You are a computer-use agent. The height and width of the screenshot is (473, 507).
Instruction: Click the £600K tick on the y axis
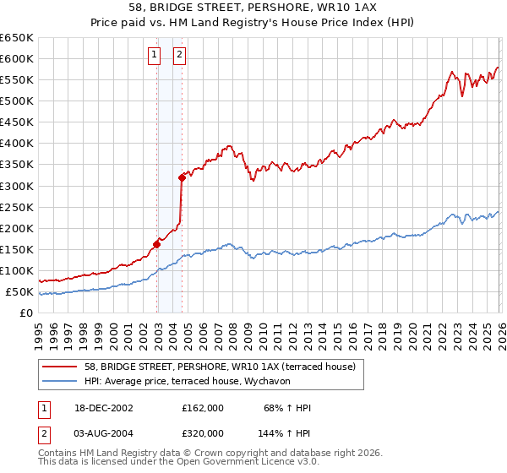pyautogui.click(x=17, y=58)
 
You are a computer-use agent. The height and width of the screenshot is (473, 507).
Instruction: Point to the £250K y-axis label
pyautogui.click(x=17, y=207)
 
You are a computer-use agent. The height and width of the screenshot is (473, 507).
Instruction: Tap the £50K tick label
pyautogui.click(x=19, y=292)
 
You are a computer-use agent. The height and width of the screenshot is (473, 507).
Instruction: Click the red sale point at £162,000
pyautogui.click(x=156, y=244)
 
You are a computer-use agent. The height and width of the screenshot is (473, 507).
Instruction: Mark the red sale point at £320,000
pyautogui.click(x=182, y=177)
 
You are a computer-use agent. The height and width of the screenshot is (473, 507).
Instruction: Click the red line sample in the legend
pyautogui.click(x=61, y=367)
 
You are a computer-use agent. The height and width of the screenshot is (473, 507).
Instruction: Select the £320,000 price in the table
pyautogui.click(x=203, y=432)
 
